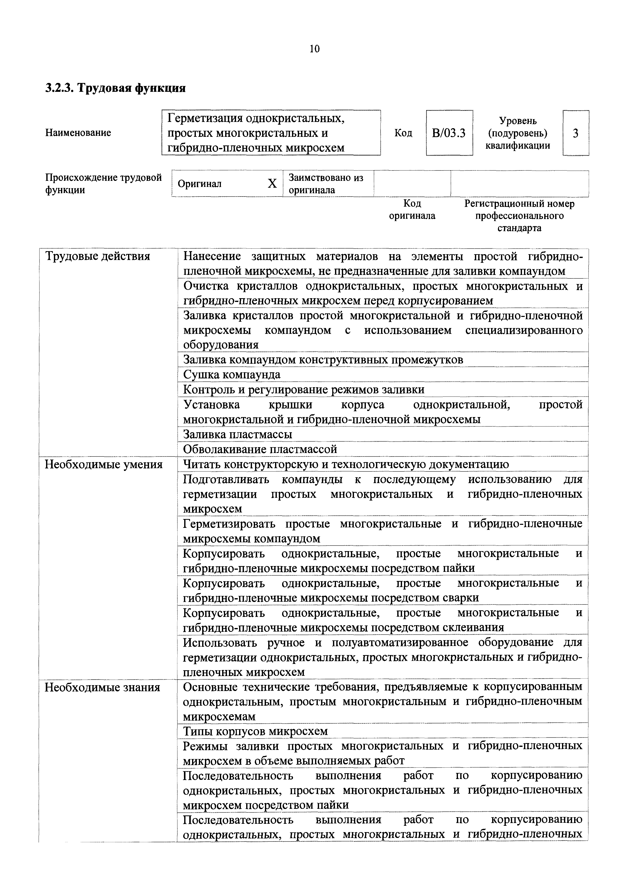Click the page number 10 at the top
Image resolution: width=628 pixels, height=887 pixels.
point(315,49)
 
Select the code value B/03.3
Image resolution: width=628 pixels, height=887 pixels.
point(449,133)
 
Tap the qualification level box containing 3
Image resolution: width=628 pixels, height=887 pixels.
point(575,133)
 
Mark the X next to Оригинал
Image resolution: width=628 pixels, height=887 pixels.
point(272,184)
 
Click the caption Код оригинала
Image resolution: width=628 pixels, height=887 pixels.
point(412,209)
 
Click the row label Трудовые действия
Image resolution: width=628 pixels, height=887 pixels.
point(98,256)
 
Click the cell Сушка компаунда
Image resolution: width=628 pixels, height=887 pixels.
point(232,375)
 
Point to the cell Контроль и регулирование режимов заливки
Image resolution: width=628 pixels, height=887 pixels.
point(304,390)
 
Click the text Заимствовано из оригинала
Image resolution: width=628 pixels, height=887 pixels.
point(326,184)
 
